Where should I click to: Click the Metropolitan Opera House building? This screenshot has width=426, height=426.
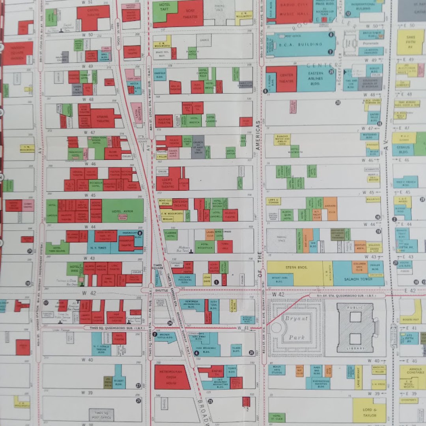click(172, 377)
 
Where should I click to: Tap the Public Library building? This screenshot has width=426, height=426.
click(355, 327)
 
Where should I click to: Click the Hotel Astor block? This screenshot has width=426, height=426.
click(123, 211)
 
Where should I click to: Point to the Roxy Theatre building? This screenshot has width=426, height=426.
click(187, 14)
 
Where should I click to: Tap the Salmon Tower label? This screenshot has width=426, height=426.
click(358, 278)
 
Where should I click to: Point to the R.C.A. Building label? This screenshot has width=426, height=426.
click(300, 45)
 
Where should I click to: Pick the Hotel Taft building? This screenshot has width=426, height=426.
click(164, 10)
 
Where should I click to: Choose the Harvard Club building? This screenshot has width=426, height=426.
click(330, 209)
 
